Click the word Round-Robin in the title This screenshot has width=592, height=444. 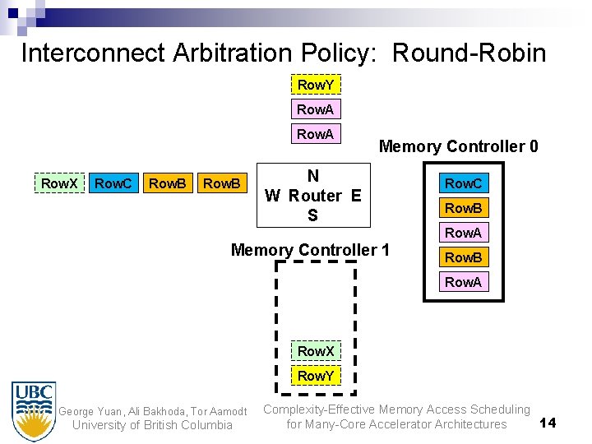click(x=469, y=53)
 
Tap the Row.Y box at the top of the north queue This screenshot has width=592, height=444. click(x=316, y=85)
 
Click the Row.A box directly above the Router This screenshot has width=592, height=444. click(x=316, y=134)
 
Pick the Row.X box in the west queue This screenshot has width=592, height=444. click(x=60, y=183)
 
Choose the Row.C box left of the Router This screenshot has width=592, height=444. click(x=113, y=183)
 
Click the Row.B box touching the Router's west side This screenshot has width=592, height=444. click(x=222, y=183)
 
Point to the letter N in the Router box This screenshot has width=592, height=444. click(x=312, y=176)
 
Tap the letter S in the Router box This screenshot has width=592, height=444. click(x=312, y=215)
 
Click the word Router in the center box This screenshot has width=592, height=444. click(x=315, y=196)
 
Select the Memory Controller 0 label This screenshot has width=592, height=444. click(x=458, y=147)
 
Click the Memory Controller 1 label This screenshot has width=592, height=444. click(x=310, y=250)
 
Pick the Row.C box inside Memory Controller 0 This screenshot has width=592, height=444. click(x=464, y=183)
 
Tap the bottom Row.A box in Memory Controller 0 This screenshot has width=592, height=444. click(x=464, y=282)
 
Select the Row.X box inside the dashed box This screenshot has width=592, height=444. click(x=316, y=351)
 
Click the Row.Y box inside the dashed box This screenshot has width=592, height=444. click(x=316, y=376)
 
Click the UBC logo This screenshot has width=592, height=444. click(x=34, y=410)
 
